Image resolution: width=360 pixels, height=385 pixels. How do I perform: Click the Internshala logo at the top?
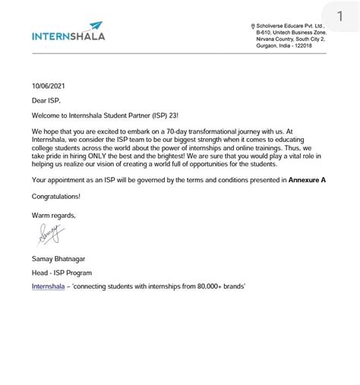tap(68, 34)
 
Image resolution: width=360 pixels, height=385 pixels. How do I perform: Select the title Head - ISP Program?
tap(62, 273)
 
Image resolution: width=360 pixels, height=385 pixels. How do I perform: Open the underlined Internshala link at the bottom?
tap(49, 286)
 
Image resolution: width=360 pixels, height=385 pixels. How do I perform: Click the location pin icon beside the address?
tap(253, 27)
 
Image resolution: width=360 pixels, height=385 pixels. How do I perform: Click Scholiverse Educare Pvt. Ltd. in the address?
tap(291, 27)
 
